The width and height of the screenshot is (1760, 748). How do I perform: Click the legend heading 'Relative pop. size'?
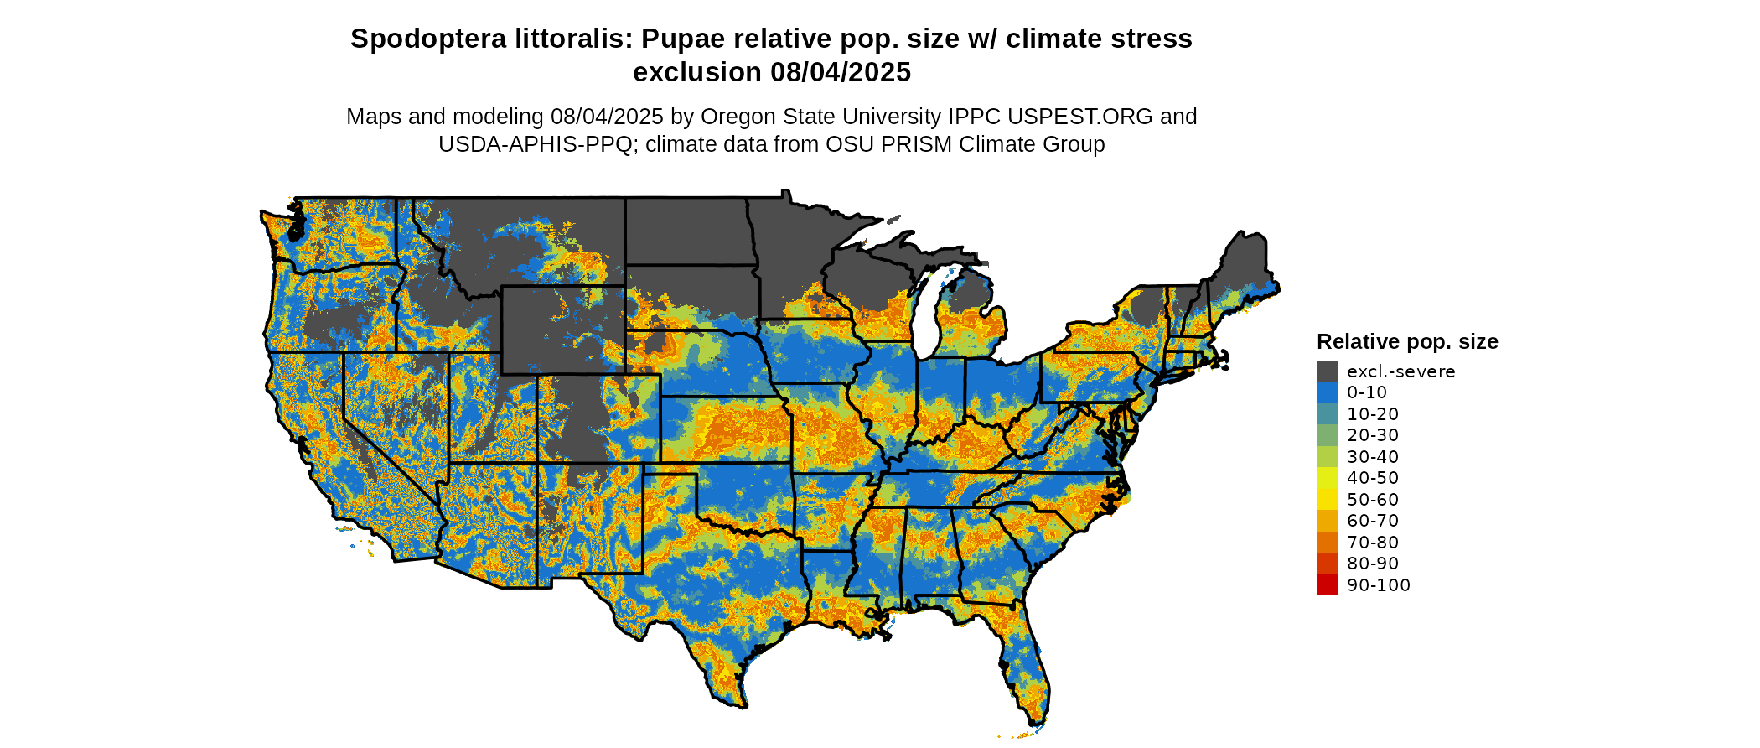point(1407,342)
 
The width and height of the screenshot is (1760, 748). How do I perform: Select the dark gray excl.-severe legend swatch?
point(1327,371)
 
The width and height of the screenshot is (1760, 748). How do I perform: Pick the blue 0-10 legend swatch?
point(1327,392)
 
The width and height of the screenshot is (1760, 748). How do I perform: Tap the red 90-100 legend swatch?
point(1327,585)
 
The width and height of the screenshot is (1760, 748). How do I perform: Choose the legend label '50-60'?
point(1373,500)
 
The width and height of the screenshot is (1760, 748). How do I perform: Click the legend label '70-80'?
point(1373,543)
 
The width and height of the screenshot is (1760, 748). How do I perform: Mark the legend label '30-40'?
point(1373,457)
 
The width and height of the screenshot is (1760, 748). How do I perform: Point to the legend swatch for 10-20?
point(1327,414)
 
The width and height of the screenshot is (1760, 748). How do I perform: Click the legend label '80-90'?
point(1373,564)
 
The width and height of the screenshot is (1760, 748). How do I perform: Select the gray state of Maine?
point(1245,260)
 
